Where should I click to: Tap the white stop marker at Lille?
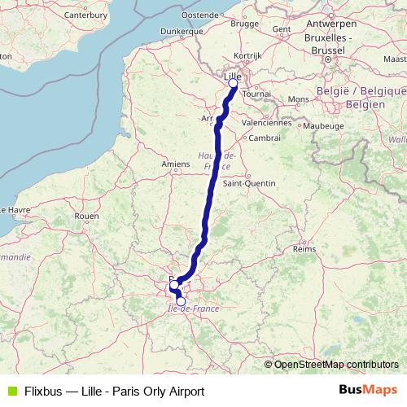pyautogui.click(x=233, y=83)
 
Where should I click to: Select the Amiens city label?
pyautogui.click(x=175, y=164)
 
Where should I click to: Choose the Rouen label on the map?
pyautogui.click(x=86, y=216)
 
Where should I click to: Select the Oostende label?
pyautogui.click(x=199, y=15)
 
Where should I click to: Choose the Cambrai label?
pyautogui.click(x=265, y=138)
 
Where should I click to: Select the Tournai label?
pyautogui.click(x=256, y=94)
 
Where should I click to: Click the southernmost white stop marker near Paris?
pyautogui.click(x=181, y=301)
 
